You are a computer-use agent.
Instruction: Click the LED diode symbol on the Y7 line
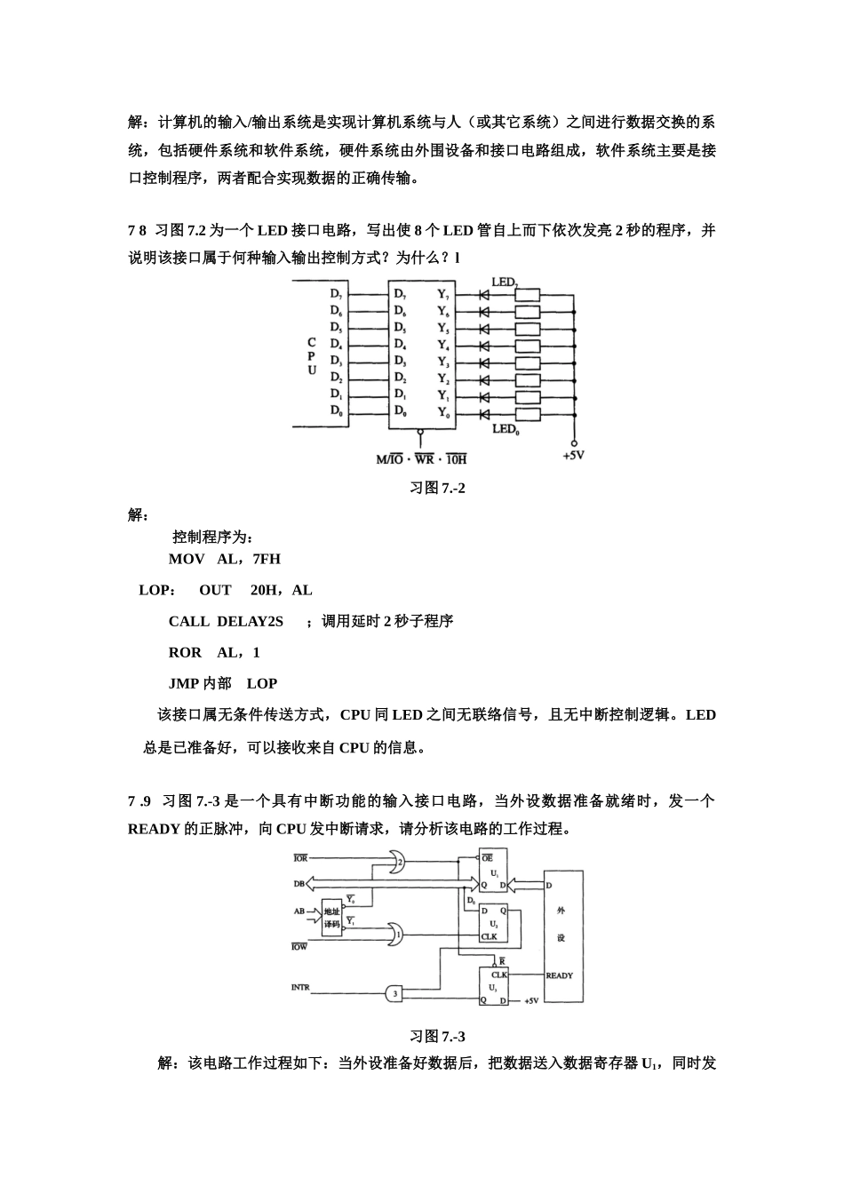coord(484,294)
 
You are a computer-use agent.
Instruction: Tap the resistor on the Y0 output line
coord(527,414)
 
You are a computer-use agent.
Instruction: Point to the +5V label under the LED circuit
coord(573,455)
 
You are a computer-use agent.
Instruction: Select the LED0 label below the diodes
coord(505,429)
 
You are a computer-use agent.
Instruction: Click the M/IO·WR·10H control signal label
coord(421,458)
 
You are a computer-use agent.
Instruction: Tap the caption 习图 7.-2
coord(437,488)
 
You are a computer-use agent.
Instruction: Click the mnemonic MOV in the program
coord(187,559)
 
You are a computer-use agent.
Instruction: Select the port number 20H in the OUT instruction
coord(265,590)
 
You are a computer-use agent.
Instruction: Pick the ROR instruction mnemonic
coord(185,652)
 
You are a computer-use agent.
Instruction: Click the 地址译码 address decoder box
coord(332,917)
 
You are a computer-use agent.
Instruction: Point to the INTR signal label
coord(300,987)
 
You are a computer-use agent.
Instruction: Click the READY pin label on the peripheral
coord(560,975)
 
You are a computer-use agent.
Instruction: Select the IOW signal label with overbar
coord(299,947)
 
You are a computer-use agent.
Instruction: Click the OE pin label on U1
coord(487,858)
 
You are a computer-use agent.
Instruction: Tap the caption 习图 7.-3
coord(437,1037)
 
